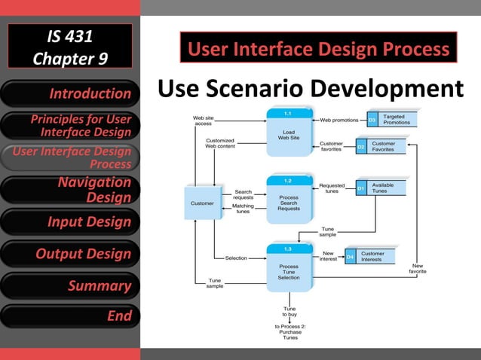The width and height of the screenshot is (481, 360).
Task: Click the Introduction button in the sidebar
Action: [x=70, y=93]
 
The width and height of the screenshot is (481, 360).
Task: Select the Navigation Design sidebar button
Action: [x=70, y=190]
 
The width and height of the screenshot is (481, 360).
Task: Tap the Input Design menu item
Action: [x=70, y=222]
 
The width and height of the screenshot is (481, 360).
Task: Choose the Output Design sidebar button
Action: [x=70, y=254]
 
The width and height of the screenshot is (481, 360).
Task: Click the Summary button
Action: [x=70, y=285]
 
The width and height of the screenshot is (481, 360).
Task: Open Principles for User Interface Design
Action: [x=70, y=126]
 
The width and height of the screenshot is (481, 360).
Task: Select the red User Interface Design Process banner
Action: [x=318, y=50]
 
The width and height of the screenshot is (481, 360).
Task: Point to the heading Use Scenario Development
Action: [x=310, y=89]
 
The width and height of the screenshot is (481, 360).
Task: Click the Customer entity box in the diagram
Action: [x=202, y=203]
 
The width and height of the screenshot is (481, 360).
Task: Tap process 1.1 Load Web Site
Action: [x=288, y=133]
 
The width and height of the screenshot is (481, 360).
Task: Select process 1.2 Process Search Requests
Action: [x=288, y=200]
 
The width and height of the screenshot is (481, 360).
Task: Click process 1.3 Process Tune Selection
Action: [x=288, y=267]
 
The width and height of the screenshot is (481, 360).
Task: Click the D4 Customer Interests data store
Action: [x=370, y=257]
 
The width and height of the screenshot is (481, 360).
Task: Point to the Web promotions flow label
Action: [x=339, y=120]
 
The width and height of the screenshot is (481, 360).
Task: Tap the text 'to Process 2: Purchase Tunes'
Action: [x=290, y=332]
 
